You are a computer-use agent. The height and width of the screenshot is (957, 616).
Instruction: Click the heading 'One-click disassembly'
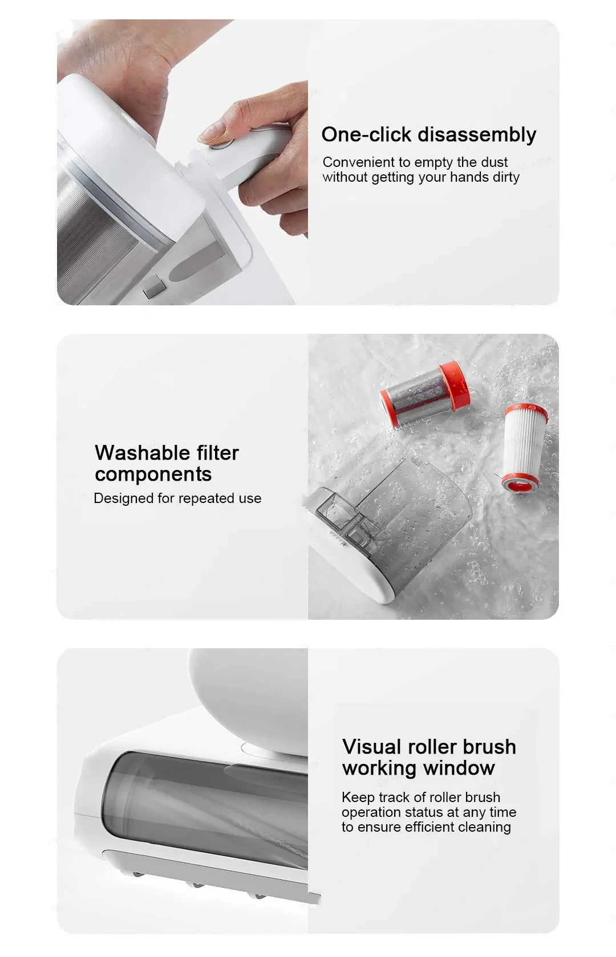click(x=428, y=135)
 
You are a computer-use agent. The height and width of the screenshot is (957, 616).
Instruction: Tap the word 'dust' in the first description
click(x=494, y=162)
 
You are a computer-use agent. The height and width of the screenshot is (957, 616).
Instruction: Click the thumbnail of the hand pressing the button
click(x=183, y=162)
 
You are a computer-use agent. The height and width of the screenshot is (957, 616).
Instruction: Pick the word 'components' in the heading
click(x=153, y=475)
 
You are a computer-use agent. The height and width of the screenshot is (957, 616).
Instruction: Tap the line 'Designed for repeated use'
click(x=177, y=498)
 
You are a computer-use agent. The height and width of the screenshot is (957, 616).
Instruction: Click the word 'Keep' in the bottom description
click(x=356, y=797)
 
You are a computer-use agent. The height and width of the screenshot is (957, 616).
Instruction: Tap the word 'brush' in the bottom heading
click(x=488, y=747)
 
